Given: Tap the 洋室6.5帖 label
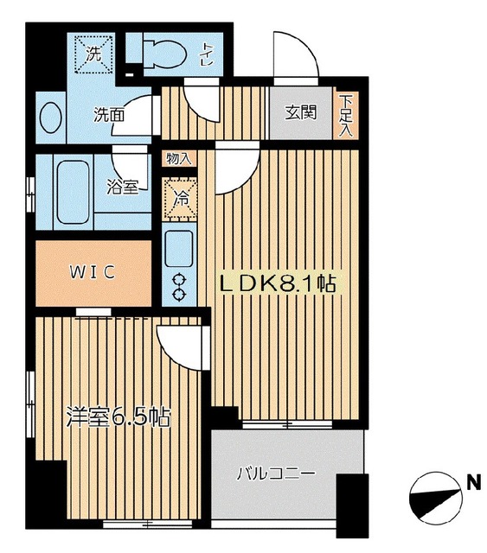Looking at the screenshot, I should coord(118,417).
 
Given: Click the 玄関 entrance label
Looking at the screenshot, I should coord(299,111).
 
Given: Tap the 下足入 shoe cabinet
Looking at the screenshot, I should coord(345,113).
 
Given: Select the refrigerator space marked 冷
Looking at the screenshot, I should coord(181,197).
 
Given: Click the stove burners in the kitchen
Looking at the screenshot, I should coord(181,287).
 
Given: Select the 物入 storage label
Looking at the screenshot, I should coord(179,158).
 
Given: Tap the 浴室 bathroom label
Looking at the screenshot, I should coord(121,187).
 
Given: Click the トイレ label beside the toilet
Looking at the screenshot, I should coord(208,54).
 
